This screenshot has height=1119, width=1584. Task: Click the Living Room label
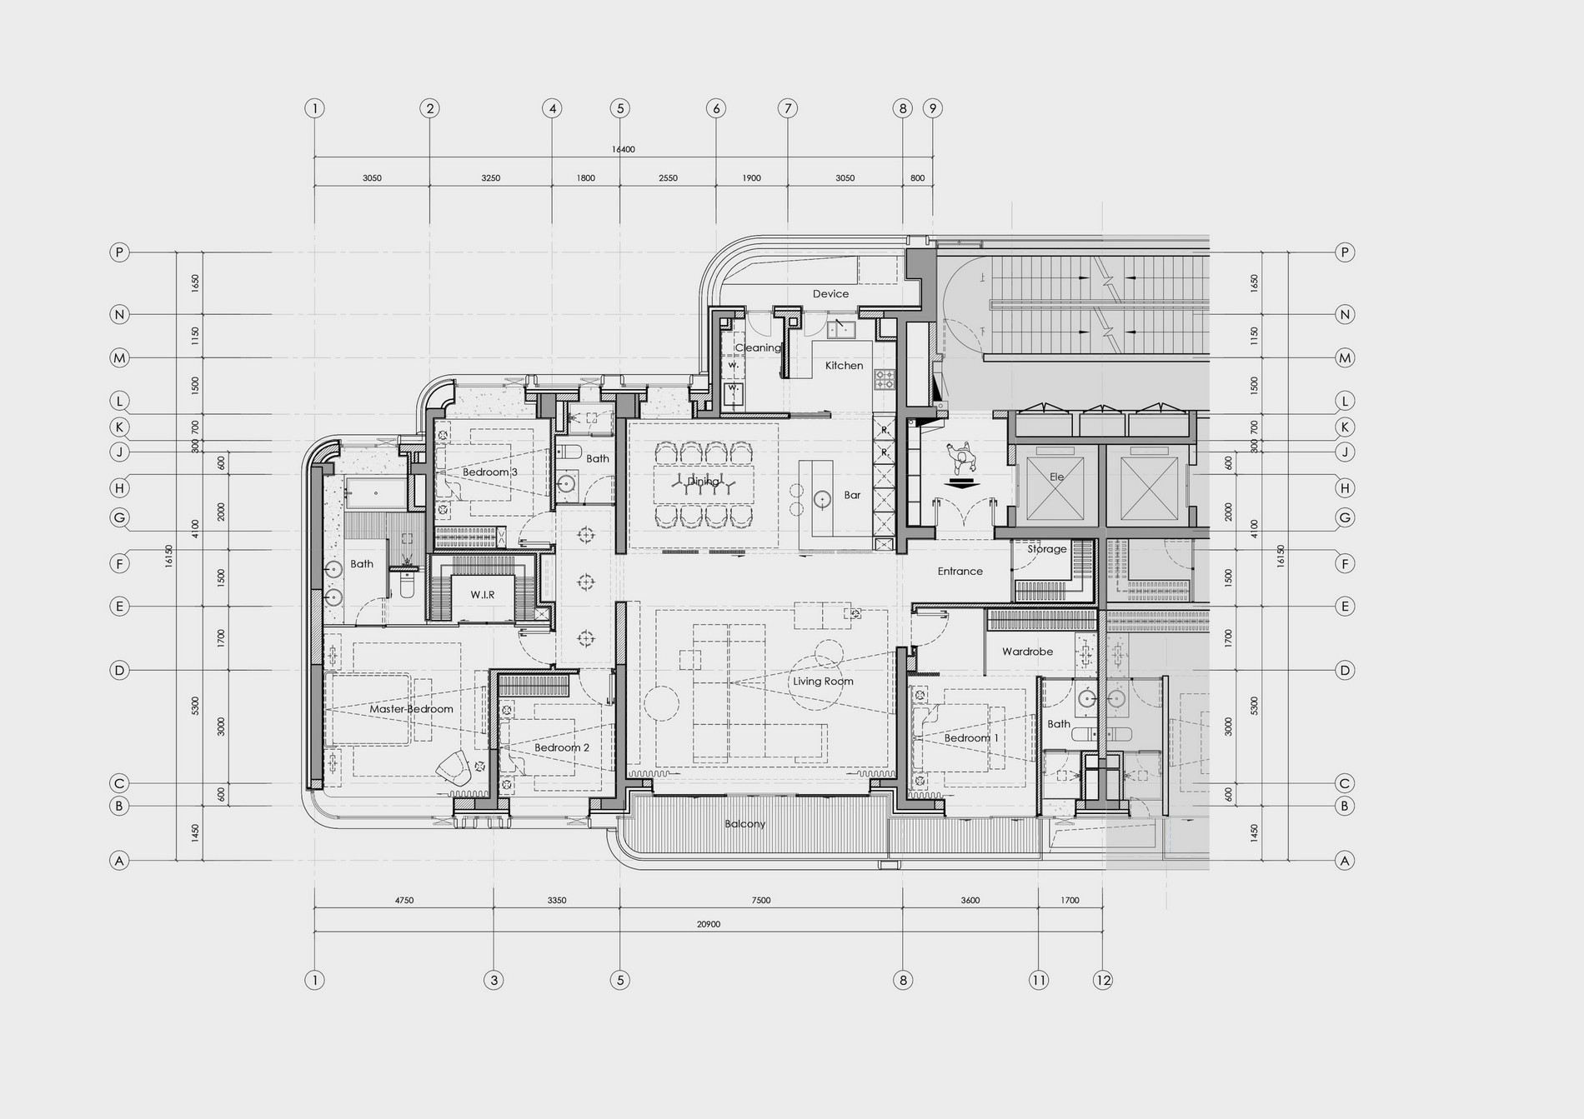[823, 682]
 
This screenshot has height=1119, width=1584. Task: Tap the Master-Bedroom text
[411, 709]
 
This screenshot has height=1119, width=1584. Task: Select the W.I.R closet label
[482, 595]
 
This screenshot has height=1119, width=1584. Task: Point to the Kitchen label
[844, 366]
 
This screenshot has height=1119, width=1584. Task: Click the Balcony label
[744, 824]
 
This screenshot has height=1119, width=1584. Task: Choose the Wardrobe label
[1027, 652]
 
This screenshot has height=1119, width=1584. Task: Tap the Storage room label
[1046, 549]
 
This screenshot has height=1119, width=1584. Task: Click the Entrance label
[960, 572]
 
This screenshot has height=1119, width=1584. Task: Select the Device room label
[830, 294]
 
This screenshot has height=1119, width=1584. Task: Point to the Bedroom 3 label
[490, 472]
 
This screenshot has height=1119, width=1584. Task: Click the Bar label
[852, 495]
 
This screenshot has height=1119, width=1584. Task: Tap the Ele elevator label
[1057, 477]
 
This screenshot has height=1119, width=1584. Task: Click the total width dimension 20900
[708, 924]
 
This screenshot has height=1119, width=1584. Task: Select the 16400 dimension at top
[623, 150]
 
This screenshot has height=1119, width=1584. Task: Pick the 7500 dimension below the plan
[760, 900]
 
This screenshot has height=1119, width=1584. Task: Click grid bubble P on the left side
[120, 252]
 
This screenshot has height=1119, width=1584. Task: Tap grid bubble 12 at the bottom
[1103, 980]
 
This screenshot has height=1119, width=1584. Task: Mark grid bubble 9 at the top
[933, 108]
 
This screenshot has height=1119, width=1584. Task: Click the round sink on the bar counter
[823, 499]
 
